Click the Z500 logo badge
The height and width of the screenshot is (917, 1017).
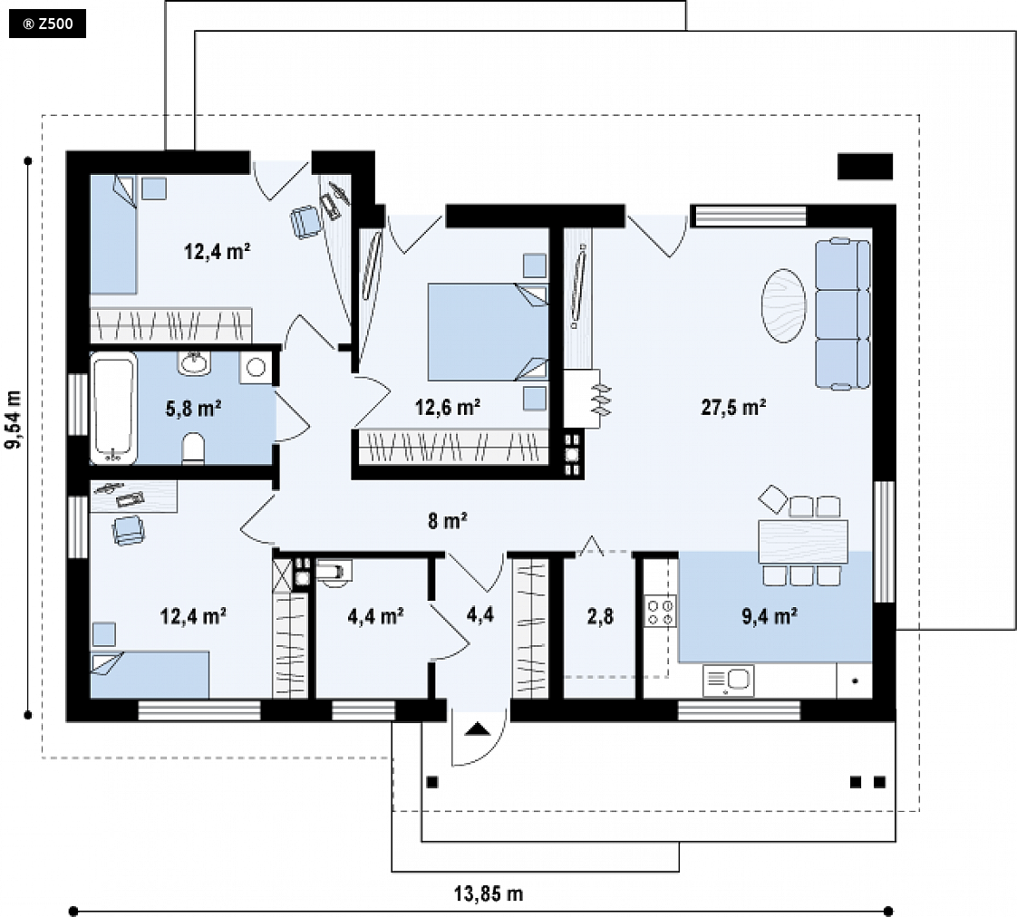pyautogui.click(x=47, y=24)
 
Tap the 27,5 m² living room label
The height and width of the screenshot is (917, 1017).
pyautogui.click(x=733, y=407)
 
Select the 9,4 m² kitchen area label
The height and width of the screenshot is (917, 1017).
pyautogui.click(x=770, y=616)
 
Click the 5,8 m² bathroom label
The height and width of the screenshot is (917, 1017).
pyautogui.click(x=193, y=409)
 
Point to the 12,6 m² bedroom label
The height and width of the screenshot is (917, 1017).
pyautogui.click(x=448, y=407)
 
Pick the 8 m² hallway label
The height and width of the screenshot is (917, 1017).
pyautogui.click(x=448, y=520)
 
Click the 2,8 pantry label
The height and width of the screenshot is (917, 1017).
pyautogui.click(x=600, y=616)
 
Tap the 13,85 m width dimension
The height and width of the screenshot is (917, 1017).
pyautogui.click(x=488, y=893)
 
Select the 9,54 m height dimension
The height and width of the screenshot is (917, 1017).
pyautogui.click(x=13, y=420)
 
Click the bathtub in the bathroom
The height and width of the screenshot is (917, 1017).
pyautogui.click(x=113, y=408)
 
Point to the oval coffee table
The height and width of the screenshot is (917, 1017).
pyautogui.click(x=784, y=305)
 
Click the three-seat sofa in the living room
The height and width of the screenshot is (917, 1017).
pyautogui.click(x=843, y=314)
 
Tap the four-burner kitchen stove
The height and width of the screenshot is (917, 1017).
pyautogui.click(x=660, y=612)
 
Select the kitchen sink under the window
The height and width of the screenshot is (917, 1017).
pyautogui.click(x=728, y=680)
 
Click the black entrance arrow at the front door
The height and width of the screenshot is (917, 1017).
pyautogui.click(x=479, y=729)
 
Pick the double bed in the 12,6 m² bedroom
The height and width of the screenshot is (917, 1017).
pyautogui.click(x=487, y=332)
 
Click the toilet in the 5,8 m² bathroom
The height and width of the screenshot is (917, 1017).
pyautogui.click(x=193, y=449)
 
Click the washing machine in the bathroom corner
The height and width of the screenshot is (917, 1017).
pyautogui.click(x=257, y=367)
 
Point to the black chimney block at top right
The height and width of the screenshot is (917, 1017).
pyautogui.click(x=866, y=167)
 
